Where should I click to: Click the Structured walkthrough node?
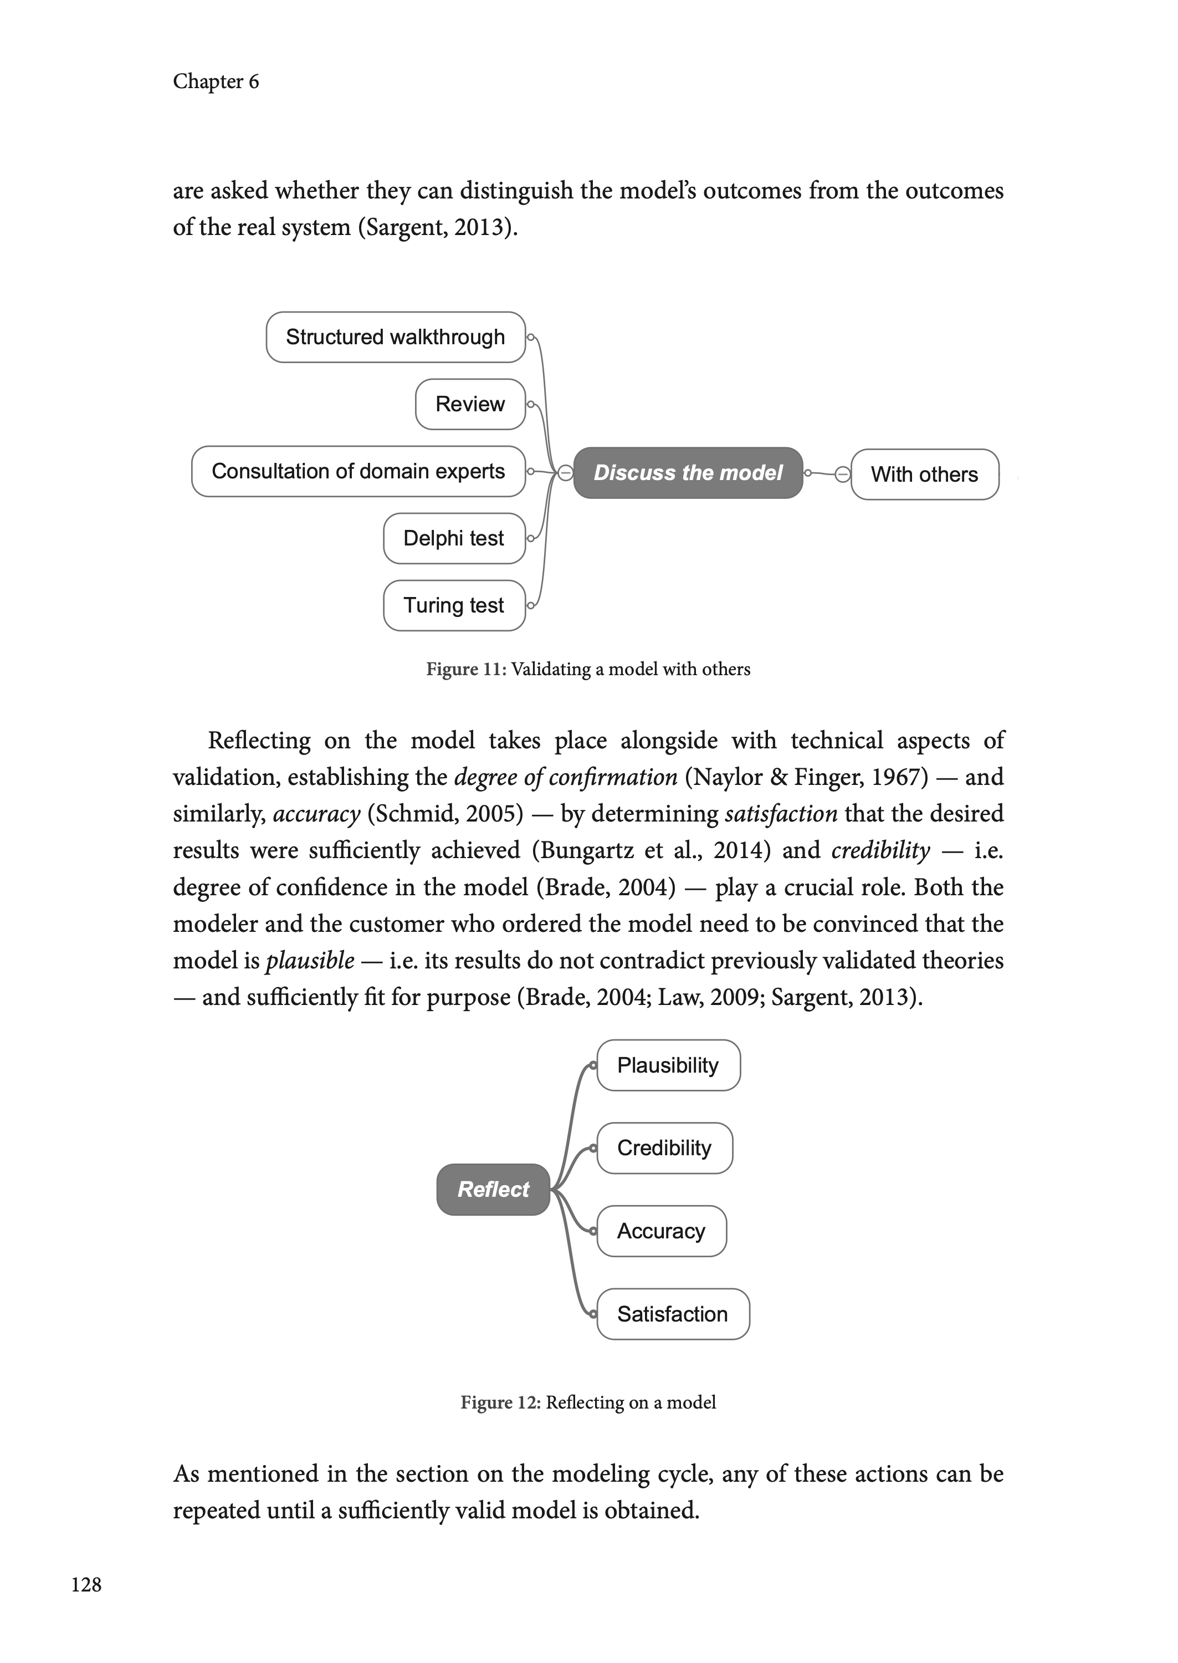point(395,338)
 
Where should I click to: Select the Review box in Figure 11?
point(470,404)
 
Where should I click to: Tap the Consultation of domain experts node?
point(358,472)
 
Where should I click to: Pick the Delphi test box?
point(454,538)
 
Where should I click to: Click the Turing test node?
point(454,605)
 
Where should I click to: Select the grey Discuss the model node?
point(688,473)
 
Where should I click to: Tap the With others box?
point(924,475)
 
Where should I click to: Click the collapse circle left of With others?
point(842,475)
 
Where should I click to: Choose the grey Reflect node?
point(493,1189)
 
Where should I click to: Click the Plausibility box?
point(668,1065)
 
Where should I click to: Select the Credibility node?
point(664,1148)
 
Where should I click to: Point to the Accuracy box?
point(662,1231)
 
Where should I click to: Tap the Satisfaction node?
point(673,1314)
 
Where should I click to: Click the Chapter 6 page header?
point(216,81)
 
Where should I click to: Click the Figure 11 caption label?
point(465,669)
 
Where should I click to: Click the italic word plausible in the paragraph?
point(310,961)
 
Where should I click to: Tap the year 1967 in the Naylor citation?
point(899,777)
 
